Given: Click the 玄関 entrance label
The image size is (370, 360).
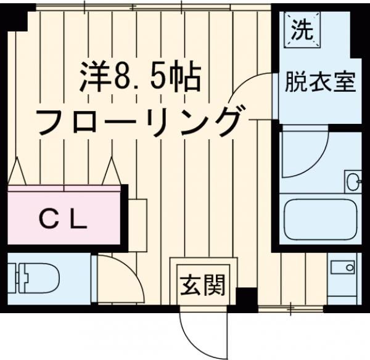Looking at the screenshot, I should coord(202,285).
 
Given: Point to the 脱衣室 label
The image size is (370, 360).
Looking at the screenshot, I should coord(320,82).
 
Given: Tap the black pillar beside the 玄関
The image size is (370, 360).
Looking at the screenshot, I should coord(246,300).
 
